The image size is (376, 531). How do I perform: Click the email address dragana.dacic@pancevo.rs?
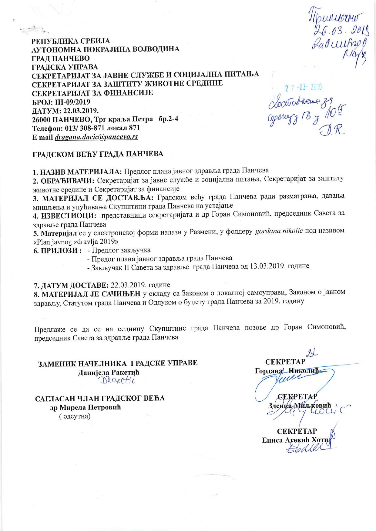pos(96,137)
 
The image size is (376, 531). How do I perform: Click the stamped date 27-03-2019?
pos(304,88)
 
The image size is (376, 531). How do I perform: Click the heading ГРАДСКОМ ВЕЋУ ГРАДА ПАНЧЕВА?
pos(98,154)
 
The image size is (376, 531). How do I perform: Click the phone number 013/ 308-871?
pos(82,128)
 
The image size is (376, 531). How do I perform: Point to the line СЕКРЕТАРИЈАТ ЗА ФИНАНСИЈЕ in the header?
pos(92,93)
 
